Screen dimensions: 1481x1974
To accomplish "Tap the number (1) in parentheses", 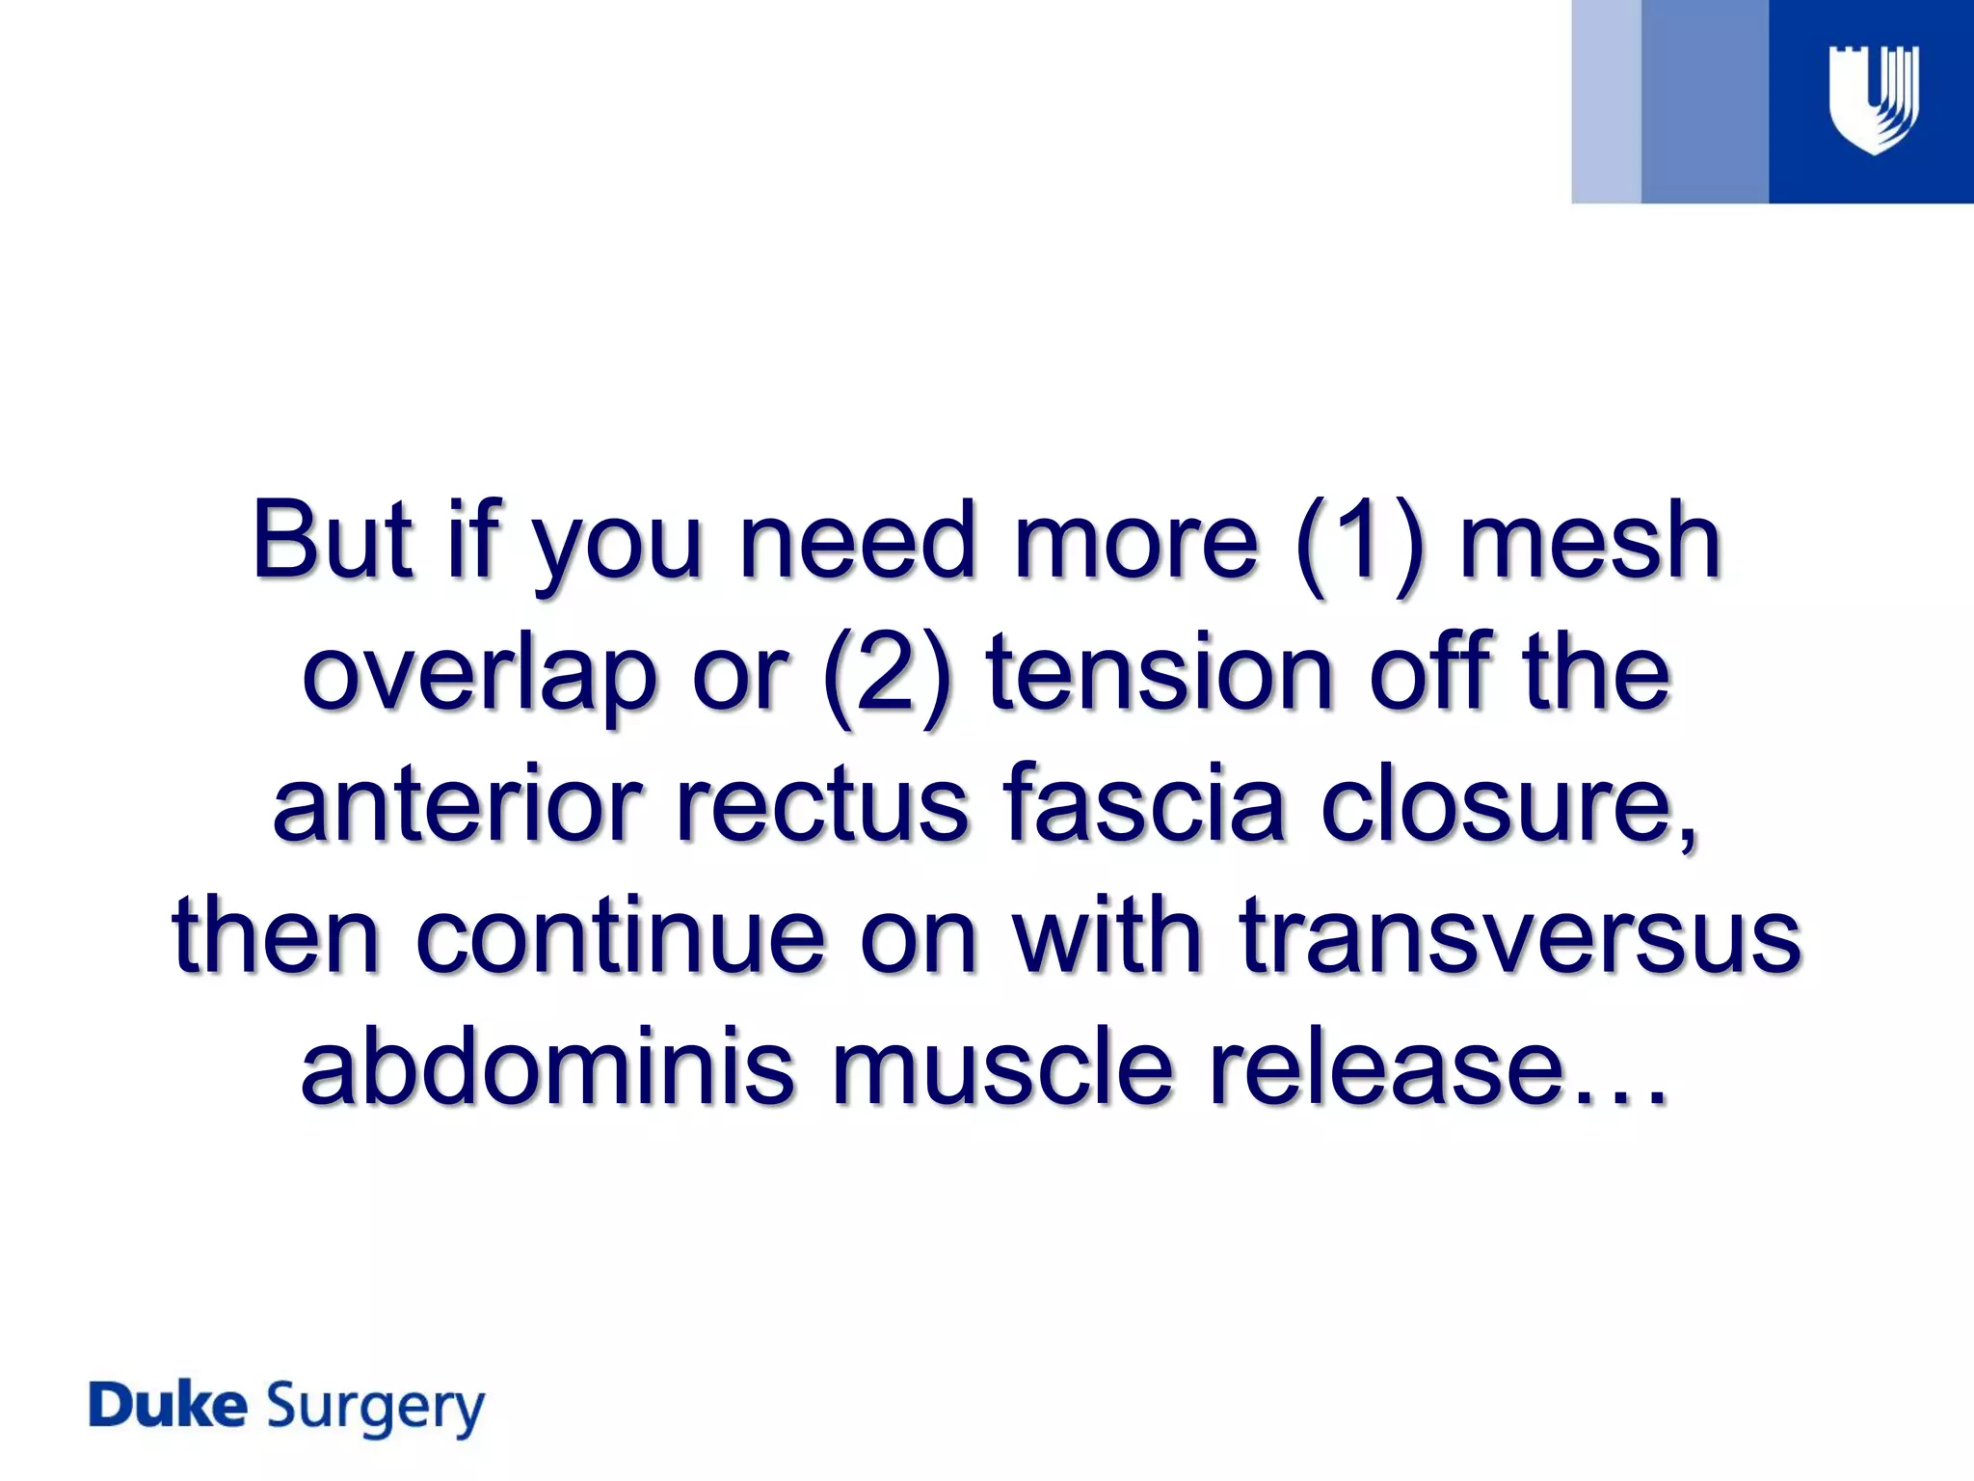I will point(1360,542).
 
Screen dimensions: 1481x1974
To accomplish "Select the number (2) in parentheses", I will point(888,675).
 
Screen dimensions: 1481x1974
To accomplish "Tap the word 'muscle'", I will point(1002,1068).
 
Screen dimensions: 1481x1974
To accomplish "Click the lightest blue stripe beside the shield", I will point(1606,101).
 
